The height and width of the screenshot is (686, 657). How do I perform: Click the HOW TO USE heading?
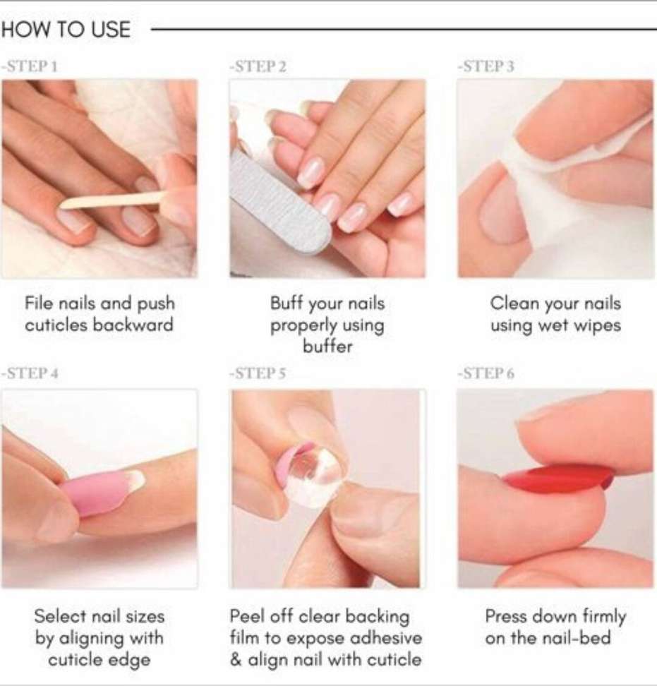click(66, 30)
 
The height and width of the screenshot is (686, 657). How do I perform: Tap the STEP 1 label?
click(30, 66)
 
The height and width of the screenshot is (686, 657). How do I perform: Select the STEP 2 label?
click(258, 66)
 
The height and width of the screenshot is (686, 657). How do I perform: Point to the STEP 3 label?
click(486, 66)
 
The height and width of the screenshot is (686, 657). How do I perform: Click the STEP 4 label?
click(30, 373)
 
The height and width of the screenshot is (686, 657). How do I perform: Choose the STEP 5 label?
click(258, 373)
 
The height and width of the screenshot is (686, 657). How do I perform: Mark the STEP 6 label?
click(486, 373)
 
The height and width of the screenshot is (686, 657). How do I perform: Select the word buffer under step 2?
click(327, 347)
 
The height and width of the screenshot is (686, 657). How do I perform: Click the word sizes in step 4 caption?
click(145, 616)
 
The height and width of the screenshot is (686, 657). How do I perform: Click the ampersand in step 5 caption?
click(236, 660)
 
